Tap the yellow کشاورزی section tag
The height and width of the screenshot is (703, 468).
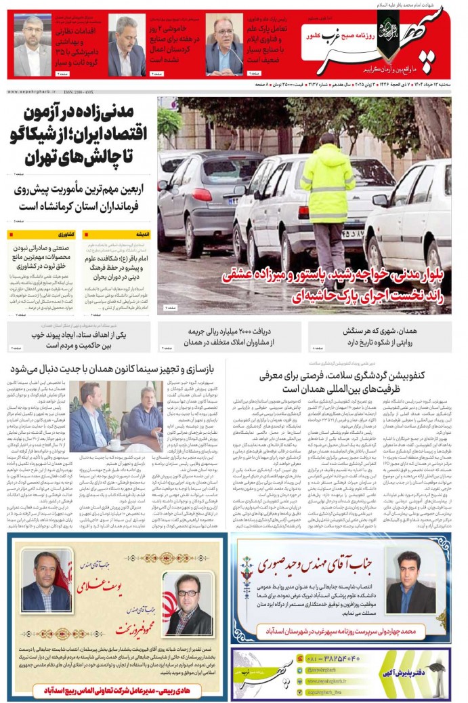tap(65, 234)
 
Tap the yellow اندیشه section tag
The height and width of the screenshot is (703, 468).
tap(142, 234)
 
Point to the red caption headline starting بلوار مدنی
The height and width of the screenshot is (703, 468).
tap(339, 285)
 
